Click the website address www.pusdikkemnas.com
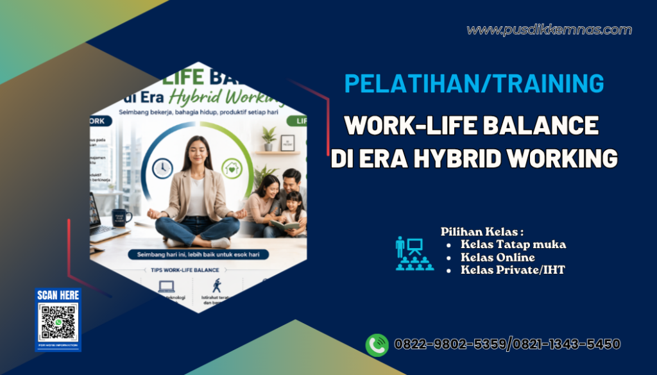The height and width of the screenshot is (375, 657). (x=549, y=30)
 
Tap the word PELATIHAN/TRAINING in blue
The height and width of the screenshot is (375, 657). (x=474, y=84)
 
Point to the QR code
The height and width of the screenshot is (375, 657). (x=58, y=323)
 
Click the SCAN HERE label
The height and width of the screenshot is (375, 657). (x=58, y=296)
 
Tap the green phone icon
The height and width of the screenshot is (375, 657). (x=377, y=345)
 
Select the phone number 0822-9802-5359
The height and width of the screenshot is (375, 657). (x=450, y=344)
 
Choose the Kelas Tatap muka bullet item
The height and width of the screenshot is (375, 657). (x=513, y=244)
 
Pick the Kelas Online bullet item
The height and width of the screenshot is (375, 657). (x=497, y=257)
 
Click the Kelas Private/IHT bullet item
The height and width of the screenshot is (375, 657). (x=513, y=270)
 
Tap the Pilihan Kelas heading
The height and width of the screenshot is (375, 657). (x=482, y=231)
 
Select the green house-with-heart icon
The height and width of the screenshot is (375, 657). (x=231, y=169)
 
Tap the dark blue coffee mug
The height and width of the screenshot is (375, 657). (x=120, y=218)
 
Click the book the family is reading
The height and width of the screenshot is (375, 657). (x=282, y=224)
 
